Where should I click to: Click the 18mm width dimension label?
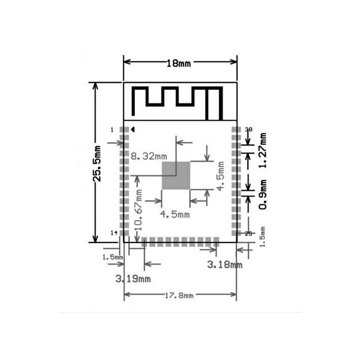coord(179,63)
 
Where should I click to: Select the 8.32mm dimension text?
coord(149,157)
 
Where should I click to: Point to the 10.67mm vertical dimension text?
coord(139,210)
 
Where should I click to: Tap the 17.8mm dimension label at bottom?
coord(179,295)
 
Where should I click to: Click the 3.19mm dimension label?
coord(133,279)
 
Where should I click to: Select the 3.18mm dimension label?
coord(225,265)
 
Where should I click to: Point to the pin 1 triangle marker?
coord(133,130)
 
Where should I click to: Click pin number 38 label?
coord(248,130)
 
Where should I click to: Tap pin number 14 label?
coord(113,233)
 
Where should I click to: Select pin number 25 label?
coord(248,233)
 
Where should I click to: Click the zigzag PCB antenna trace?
coord(178,101)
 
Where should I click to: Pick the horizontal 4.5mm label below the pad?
coord(175,214)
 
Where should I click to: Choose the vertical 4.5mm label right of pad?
coord(220,175)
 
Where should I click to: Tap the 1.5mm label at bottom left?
coord(112,257)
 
